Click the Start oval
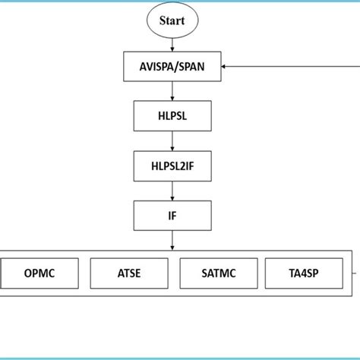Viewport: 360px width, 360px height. [172, 21]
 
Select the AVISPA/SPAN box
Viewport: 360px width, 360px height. [172, 66]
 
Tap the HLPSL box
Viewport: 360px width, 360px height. [172, 115]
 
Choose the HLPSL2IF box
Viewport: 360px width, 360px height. [172, 165]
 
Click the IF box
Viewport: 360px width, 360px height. [172, 215]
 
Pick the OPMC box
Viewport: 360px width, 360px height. [39, 273]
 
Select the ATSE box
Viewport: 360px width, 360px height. [129, 273]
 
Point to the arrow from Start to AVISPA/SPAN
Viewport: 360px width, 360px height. [172, 44]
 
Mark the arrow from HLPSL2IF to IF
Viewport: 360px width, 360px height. [172, 190]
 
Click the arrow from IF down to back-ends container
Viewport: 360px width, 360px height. [172, 239]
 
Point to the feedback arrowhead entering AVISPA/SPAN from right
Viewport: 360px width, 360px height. [226, 66]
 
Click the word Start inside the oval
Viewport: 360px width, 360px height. [172, 21]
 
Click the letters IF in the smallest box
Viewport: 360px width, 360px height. [172, 215]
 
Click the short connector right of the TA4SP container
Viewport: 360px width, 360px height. [355, 273]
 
